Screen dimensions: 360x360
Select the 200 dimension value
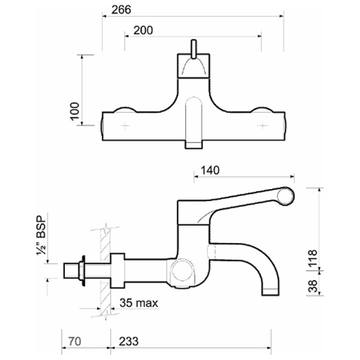click(x=144, y=30)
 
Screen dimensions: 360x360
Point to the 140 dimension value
click(x=210, y=170)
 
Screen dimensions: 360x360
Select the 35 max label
click(x=139, y=303)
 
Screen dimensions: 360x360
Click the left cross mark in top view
click(x=125, y=126)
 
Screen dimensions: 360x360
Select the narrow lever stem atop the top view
click(x=194, y=49)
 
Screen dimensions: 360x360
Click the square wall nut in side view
click(x=117, y=270)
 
